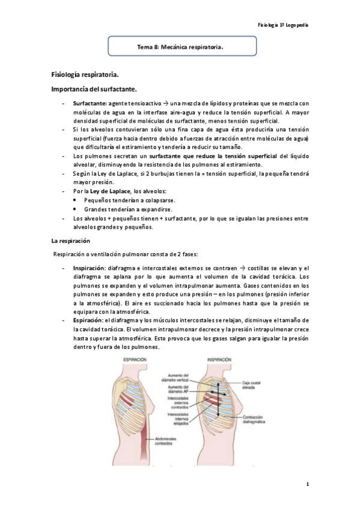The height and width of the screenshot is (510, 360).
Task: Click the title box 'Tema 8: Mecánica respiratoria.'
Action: click(x=182, y=45)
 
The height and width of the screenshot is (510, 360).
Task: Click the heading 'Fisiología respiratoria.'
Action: click(x=85, y=75)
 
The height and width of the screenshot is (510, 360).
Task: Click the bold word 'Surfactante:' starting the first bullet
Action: click(x=90, y=103)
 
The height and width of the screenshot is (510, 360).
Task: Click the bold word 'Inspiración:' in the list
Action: click(x=90, y=268)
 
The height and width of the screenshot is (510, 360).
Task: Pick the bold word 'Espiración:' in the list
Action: click(x=88, y=321)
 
